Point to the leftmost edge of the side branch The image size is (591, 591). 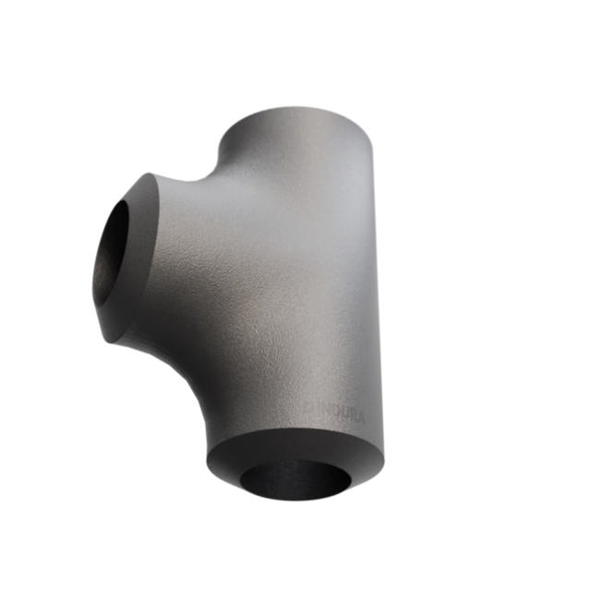(93, 277)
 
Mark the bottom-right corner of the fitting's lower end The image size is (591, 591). (382, 462)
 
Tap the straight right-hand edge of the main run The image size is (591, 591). (377, 295)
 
